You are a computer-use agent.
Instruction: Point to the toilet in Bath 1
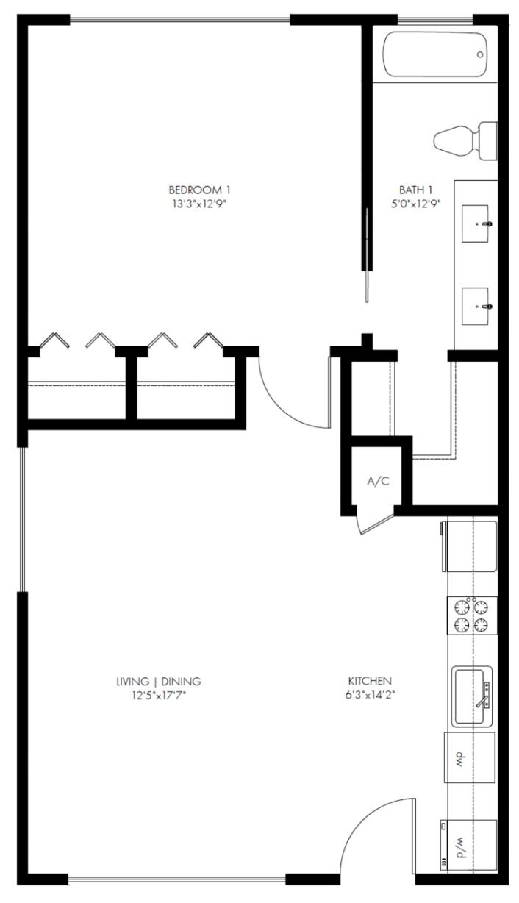pyautogui.click(x=463, y=140)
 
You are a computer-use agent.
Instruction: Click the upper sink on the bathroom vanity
pyautogui.click(x=476, y=224)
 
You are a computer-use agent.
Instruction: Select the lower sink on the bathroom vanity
pyautogui.click(x=476, y=306)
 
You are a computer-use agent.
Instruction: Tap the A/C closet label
pyautogui.click(x=378, y=482)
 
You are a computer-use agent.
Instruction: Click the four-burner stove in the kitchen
pyautogui.click(x=471, y=616)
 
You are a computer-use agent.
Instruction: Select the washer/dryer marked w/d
pyautogui.click(x=468, y=845)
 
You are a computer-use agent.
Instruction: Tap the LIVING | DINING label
pyautogui.click(x=159, y=681)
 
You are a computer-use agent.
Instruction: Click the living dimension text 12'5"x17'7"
pyautogui.click(x=159, y=694)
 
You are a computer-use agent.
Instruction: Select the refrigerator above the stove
pyautogui.click(x=470, y=546)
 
